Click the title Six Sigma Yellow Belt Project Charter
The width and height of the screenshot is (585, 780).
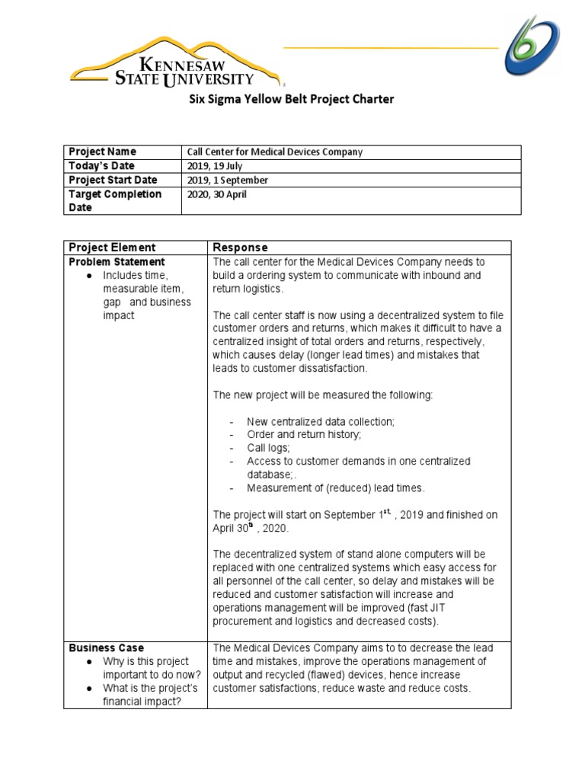point(292,99)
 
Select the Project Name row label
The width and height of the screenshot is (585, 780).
point(102,152)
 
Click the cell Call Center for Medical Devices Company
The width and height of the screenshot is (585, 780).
point(275,152)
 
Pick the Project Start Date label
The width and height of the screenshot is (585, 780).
point(113,180)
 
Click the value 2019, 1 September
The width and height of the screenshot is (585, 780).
point(227,181)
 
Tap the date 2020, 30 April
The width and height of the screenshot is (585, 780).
point(216,194)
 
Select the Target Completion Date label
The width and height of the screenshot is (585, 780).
point(115,200)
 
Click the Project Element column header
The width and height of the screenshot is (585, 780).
point(112,248)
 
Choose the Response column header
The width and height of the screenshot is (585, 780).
point(240,248)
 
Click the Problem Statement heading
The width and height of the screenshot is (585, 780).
point(117,262)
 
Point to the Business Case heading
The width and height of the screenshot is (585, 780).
point(106,647)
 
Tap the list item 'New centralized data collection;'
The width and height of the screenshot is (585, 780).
point(321,421)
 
